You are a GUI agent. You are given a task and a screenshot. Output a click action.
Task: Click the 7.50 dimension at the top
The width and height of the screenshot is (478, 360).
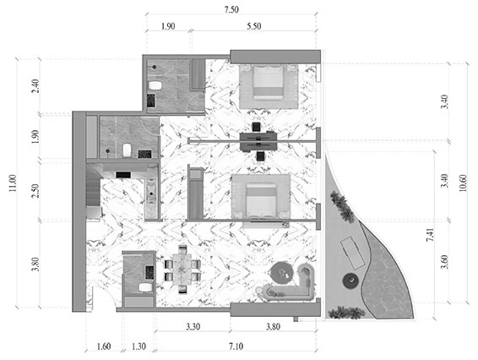(231, 10)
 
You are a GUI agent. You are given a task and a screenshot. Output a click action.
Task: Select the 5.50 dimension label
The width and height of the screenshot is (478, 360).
(253, 26)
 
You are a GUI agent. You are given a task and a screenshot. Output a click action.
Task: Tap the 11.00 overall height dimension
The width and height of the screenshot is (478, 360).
(13, 183)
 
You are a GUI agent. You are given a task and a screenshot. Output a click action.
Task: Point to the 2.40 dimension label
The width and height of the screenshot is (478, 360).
(35, 86)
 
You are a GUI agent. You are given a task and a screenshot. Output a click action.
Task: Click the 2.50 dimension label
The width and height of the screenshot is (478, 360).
(35, 191)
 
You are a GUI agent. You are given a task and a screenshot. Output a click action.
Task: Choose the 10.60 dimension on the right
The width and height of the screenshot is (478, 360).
(463, 183)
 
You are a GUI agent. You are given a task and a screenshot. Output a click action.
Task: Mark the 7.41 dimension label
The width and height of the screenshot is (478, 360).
(430, 235)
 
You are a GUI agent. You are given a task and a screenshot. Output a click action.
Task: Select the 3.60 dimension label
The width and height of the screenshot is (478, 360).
(445, 262)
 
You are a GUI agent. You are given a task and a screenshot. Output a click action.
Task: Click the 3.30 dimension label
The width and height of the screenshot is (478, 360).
(193, 327)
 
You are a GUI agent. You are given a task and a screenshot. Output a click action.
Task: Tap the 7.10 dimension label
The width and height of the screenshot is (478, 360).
(236, 346)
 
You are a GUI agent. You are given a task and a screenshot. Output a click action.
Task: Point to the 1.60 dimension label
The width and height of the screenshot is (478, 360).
(104, 346)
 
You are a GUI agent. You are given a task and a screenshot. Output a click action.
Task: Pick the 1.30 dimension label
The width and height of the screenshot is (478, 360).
(139, 346)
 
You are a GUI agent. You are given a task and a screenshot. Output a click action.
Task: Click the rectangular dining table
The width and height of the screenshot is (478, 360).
(182, 270)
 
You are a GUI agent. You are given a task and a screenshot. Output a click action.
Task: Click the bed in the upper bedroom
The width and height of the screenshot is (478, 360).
(269, 82)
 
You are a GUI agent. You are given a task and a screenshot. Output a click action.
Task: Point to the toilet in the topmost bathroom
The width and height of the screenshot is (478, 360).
(155, 85)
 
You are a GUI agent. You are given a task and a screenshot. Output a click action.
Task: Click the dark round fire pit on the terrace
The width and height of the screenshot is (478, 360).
(350, 281)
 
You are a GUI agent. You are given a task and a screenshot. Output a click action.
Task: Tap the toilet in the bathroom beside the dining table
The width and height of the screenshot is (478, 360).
(145, 287)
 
